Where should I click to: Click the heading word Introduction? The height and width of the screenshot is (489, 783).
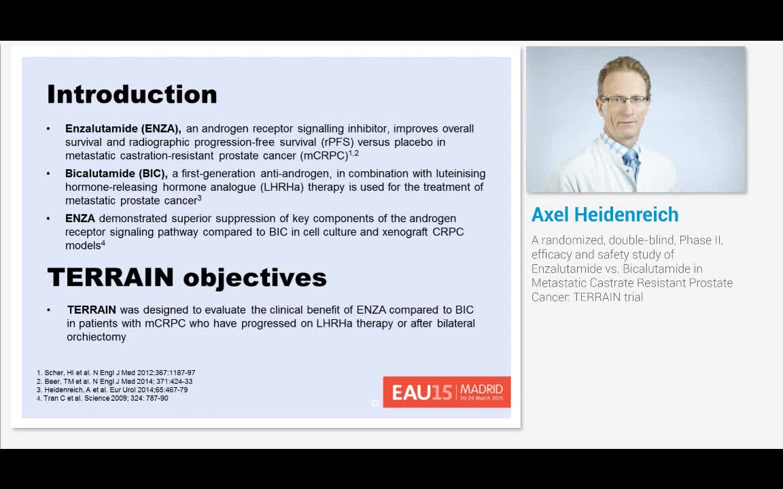[x=132, y=94]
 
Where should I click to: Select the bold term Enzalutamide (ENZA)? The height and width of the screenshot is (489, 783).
[x=123, y=128]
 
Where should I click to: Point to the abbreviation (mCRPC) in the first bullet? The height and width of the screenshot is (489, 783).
[x=324, y=156]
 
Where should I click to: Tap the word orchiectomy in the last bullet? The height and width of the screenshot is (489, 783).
[x=96, y=337]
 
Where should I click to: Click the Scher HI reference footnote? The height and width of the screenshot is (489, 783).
[x=116, y=373]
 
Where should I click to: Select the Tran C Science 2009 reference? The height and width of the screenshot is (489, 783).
[x=103, y=398]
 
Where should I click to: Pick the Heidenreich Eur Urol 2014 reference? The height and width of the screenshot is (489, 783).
[x=112, y=390]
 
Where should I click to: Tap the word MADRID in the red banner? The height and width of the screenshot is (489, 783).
[x=481, y=389]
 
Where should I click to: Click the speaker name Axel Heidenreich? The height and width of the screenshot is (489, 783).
[x=605, y=215]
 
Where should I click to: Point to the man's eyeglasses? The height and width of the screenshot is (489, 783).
[x=624, y=101]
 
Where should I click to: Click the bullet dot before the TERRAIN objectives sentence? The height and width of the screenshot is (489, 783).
[x=49, y=310]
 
